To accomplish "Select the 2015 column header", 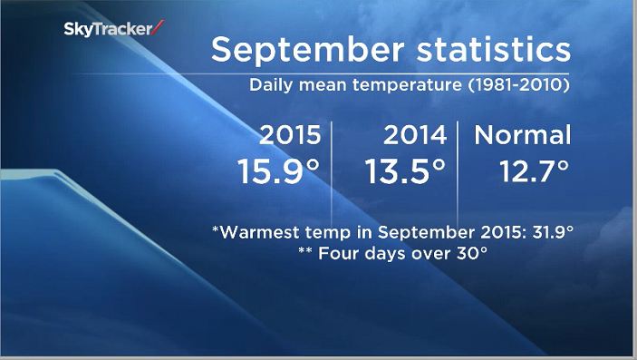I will click(x=290, y=135).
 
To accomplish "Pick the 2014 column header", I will click(x=415, y=135).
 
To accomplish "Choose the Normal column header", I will click(x=524, y=135).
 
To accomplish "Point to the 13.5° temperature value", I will click(x=405, y=171).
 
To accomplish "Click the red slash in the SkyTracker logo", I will click(x=159, y=29).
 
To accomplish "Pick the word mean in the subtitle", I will click(x=324, y=89).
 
